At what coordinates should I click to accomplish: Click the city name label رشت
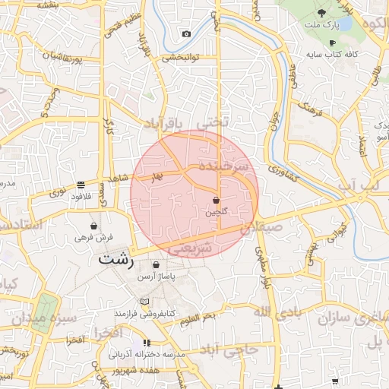[115, 258]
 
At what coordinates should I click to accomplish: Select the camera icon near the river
[186, 33]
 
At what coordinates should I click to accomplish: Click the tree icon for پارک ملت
[321, 13]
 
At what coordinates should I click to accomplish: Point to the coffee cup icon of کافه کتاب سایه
[331, 43]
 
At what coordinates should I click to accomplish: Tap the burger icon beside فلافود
[81, 185]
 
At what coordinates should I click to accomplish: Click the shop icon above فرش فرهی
[93, 226]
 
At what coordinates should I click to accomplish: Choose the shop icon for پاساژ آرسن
[156, 265]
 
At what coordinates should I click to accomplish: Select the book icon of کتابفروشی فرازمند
[145, 302]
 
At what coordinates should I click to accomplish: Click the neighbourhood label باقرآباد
[165, 122]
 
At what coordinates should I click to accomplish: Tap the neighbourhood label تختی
[212, 122]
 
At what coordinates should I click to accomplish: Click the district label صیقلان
[261, 226]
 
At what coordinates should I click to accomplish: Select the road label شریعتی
[191, 248]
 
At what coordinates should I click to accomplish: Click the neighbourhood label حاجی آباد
[230, 349]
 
